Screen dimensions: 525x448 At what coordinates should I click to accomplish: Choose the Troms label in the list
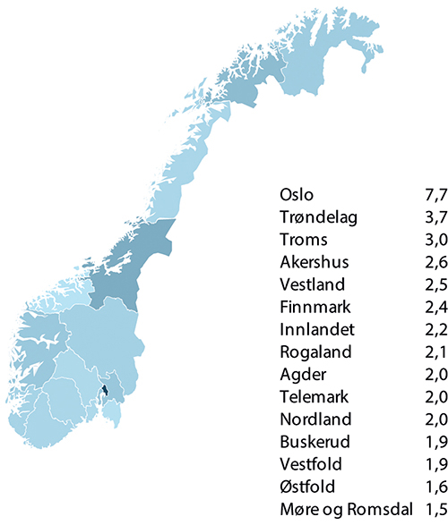tap(304, 239)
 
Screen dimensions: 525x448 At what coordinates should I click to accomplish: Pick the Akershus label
tap(313, 262)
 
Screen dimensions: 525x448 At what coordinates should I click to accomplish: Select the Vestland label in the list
tap(311, 284)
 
